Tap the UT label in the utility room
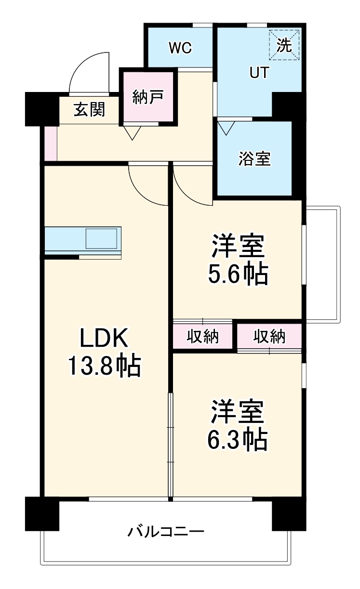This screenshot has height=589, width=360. click(x=259, y=72)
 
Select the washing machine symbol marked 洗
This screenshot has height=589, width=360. click(x=284, y=45)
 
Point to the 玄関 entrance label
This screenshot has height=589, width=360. click(x=89, y=110)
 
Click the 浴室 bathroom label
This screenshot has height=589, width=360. click(x=254, y=158)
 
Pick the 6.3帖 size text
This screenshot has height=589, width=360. click(x=238, y=439)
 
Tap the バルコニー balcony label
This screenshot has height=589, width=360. click(x=166, y=532)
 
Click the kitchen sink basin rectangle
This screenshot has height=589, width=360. click(x=101, y=238)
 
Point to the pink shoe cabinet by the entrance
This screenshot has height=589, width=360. click(x=50, y=144)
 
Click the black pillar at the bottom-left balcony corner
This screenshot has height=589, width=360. click(x=42, y=513)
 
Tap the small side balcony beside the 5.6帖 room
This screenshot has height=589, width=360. click(x=322, y=265)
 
